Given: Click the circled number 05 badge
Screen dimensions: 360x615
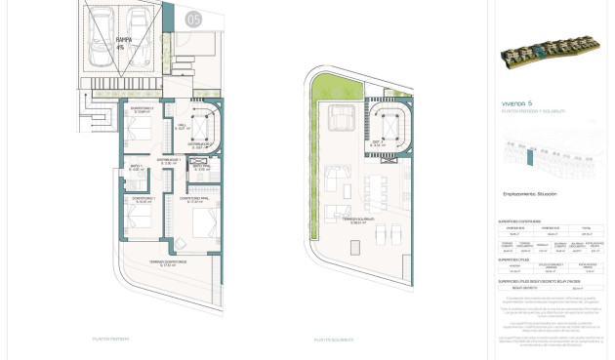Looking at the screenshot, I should click(x=193, y=19).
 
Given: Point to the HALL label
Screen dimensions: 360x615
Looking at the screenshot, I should click(x=182, y=125).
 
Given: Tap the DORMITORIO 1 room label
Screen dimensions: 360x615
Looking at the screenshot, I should click(x=143, y=199).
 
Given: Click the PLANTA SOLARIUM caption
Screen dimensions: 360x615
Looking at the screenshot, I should click(x=334, y=340).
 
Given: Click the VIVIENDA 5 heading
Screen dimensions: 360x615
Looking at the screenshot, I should click(x=516, y=102).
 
